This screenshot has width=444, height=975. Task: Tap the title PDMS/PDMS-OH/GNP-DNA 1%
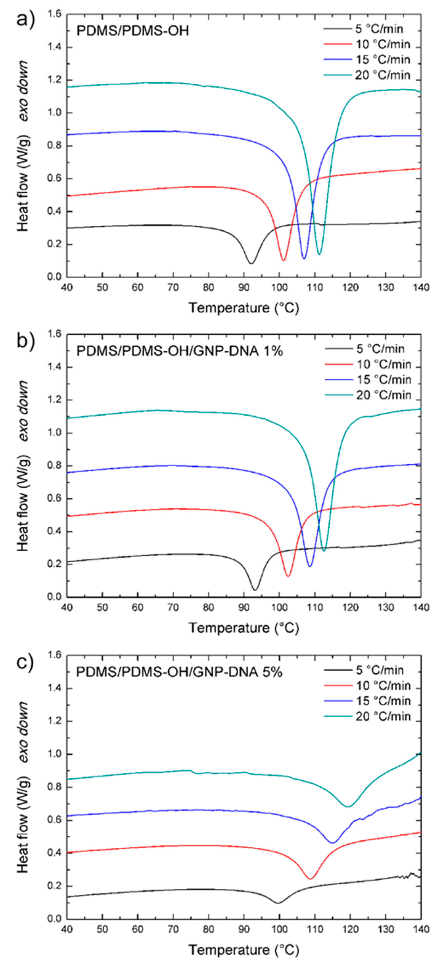[180, 351]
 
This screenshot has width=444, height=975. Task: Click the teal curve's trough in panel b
[324, 551]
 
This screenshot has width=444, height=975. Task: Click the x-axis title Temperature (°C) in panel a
[244, 308]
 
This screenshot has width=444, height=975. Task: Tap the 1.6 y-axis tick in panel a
[54, 14]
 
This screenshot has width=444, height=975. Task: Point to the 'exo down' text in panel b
[23, 411]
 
